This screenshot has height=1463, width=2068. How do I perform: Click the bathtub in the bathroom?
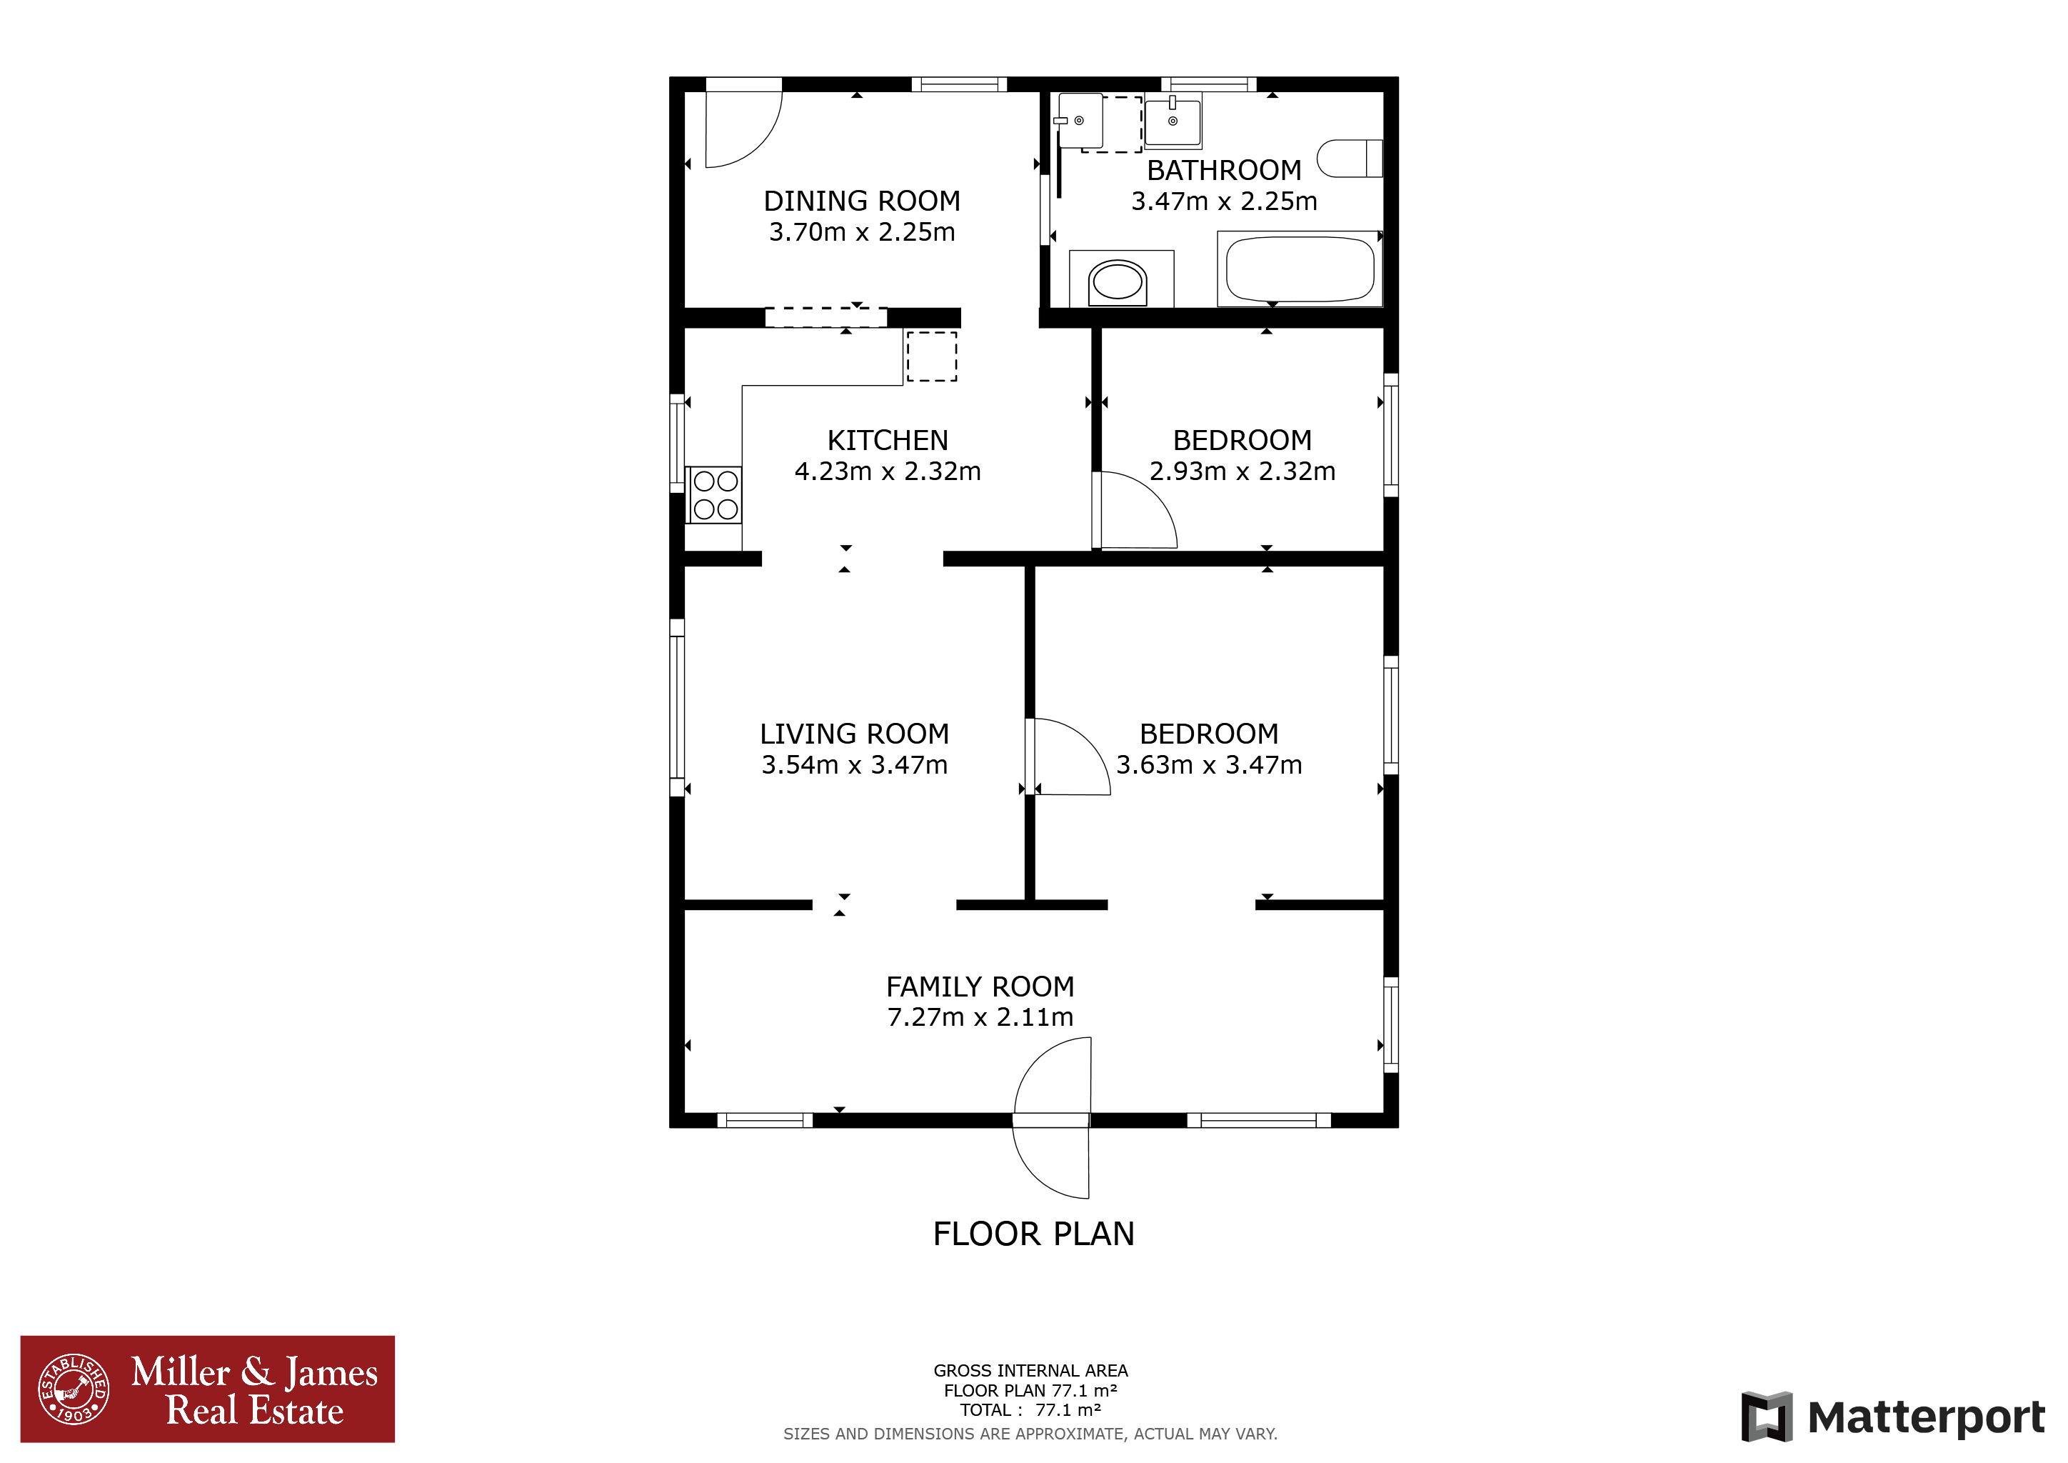[1300, 269]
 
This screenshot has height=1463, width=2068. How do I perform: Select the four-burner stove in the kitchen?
[715, 494]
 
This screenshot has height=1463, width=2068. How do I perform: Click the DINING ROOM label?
[862, 200]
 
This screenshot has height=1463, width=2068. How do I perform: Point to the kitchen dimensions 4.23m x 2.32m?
[887, 471]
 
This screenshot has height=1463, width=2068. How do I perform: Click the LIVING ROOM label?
[854, 734]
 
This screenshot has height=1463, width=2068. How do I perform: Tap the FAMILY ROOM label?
[980, 987]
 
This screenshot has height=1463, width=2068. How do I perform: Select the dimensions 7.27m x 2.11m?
[980, 1017]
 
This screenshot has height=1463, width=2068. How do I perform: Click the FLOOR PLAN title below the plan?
[1033, 1233]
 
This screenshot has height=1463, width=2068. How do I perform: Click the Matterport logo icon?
[1766, 1416]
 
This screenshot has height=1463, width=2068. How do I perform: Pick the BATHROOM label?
[1224, 169]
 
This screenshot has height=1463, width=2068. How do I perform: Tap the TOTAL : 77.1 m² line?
[1030, 1410]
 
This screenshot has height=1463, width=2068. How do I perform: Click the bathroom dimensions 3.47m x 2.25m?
[1224, 201]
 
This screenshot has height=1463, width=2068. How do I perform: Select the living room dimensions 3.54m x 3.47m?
[854, 765]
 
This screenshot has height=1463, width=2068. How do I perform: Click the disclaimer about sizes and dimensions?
[1030, 1433]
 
